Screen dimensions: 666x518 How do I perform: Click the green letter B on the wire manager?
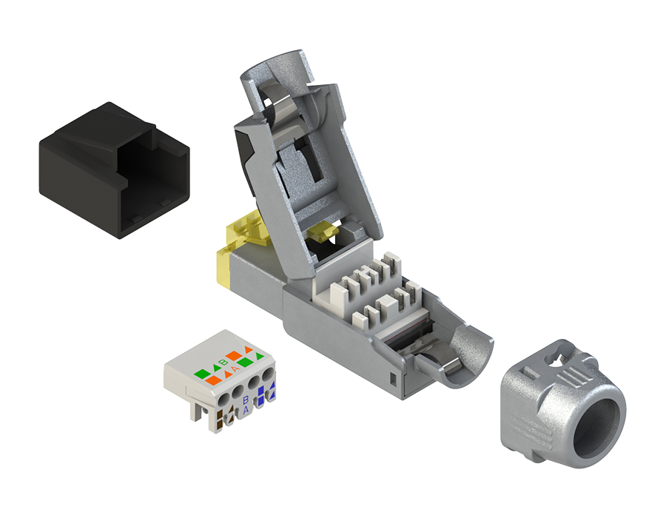pos(222,362)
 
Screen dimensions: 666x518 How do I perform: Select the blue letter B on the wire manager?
pos(246,400)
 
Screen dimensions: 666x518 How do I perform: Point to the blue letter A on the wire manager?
pos(246,410)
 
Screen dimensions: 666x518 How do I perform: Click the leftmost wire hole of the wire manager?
pos(224,398)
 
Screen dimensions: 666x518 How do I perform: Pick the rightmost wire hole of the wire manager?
pos(268,376)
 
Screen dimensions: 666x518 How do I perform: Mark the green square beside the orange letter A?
pos(245,363)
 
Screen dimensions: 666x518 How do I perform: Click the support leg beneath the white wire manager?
pos(199,410)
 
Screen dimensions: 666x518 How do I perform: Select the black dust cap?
pos(114,170)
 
